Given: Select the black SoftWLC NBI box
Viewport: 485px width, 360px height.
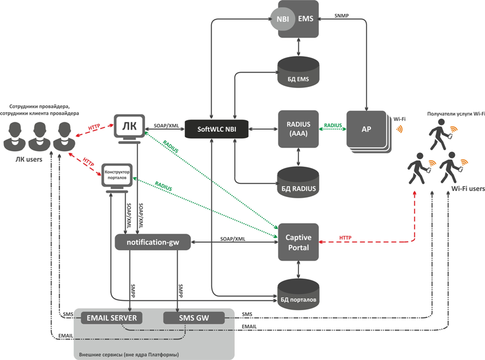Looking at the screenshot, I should coord(216,128).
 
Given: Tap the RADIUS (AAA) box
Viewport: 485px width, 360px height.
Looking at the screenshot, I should coord(299,128).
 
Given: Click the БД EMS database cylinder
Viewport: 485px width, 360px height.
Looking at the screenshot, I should coord(299,73).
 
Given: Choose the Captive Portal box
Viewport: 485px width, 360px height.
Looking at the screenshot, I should coord(299,241).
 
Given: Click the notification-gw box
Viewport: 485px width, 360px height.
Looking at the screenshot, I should coord(152,242).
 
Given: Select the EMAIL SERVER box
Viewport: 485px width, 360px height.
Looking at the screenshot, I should coord(111,318).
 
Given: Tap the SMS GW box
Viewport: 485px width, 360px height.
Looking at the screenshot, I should coord(194,318).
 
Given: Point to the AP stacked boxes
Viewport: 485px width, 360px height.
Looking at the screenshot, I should coord(367,130).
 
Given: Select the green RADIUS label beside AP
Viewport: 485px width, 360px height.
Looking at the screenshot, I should coord(333,125).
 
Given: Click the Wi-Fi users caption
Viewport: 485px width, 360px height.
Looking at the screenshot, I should coord(468,189).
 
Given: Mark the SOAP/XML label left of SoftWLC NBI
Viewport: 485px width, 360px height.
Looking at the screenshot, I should coord(166,125).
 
